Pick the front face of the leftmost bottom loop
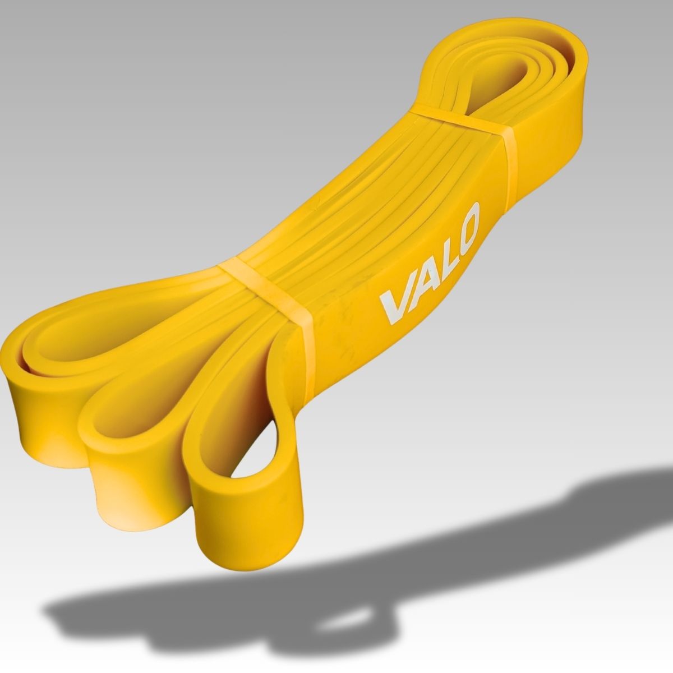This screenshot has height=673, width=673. (45, 419)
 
